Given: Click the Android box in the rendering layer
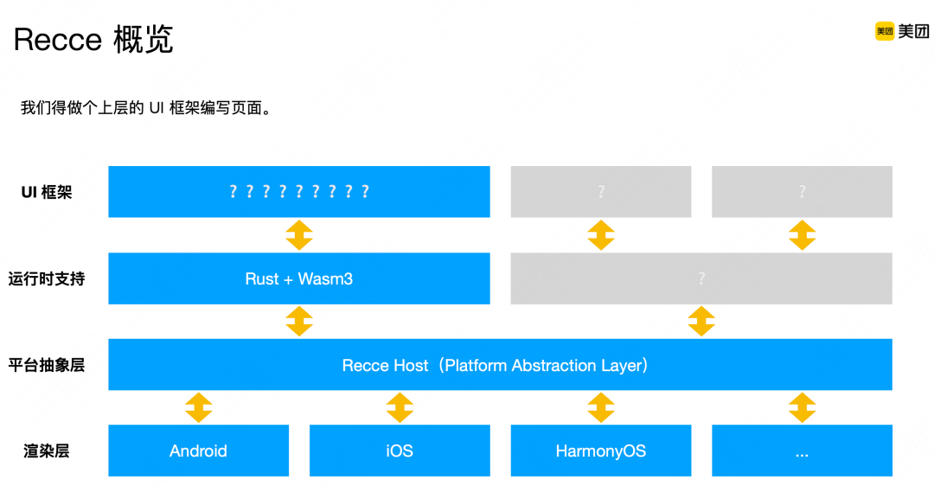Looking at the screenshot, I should [198, 451].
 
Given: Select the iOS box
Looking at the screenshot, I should [400, 451].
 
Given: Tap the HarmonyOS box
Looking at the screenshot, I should [601, 451].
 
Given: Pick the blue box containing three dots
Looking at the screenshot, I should [802, 451].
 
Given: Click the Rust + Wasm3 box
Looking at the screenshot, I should [298, 278].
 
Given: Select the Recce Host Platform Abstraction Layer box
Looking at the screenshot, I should [500, 365].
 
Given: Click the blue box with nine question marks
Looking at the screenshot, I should [298, 191].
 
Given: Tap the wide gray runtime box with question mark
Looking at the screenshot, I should [701, 278].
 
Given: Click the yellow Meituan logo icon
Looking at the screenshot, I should [884, 31].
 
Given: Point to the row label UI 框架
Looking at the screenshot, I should [47, 192].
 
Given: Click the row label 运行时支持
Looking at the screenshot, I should [47, 278].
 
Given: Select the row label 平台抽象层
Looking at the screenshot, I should [47, 365].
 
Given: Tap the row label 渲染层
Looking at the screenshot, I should [47, 451].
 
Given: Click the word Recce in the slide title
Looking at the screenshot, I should [58, 39].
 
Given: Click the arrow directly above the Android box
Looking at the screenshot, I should [198, 407].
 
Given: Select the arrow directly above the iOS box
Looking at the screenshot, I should [400, 407].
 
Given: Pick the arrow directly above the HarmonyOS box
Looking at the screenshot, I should [601, 407].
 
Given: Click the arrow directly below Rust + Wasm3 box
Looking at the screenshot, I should [298, 321].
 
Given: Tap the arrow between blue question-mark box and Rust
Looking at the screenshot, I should [298, 234].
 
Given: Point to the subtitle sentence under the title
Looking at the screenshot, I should [146, 108].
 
